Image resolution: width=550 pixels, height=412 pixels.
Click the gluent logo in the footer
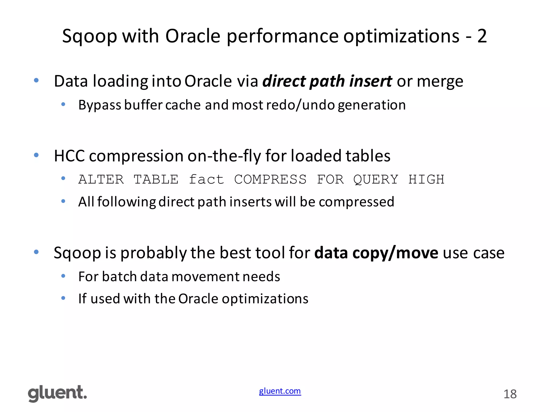pyautogui.click(x=57, y=393)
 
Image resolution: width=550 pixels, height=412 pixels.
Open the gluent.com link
pyautogui.click(x=280, y=391)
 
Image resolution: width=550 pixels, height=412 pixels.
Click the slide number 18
pyautogui.click(x=510, y=394)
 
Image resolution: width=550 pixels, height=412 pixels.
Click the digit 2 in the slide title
pyautogui.click(x=482, y=36)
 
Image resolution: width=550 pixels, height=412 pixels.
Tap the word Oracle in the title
pyautogui.click(x=193, y=36)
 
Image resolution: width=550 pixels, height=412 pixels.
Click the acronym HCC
pyautogui.click(x=69, y=156)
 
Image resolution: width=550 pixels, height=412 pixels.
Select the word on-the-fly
pyautogui.click(x=224, y=156)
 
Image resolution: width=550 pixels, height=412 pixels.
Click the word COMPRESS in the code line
pyautogui.click(x=270, y=179)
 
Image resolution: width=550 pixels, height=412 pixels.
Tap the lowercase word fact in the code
pyautogui.click(x=206, y=179)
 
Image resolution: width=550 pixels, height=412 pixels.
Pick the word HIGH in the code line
pyautogui.click(x=426, y=179)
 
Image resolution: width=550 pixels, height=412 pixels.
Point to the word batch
pyautogui.click(x=119, y=277)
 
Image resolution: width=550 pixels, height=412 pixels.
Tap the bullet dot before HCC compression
pyautogui.click(x=36, y=155)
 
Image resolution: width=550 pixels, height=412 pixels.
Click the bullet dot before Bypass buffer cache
pyautogui.click(x=63, y=104)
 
